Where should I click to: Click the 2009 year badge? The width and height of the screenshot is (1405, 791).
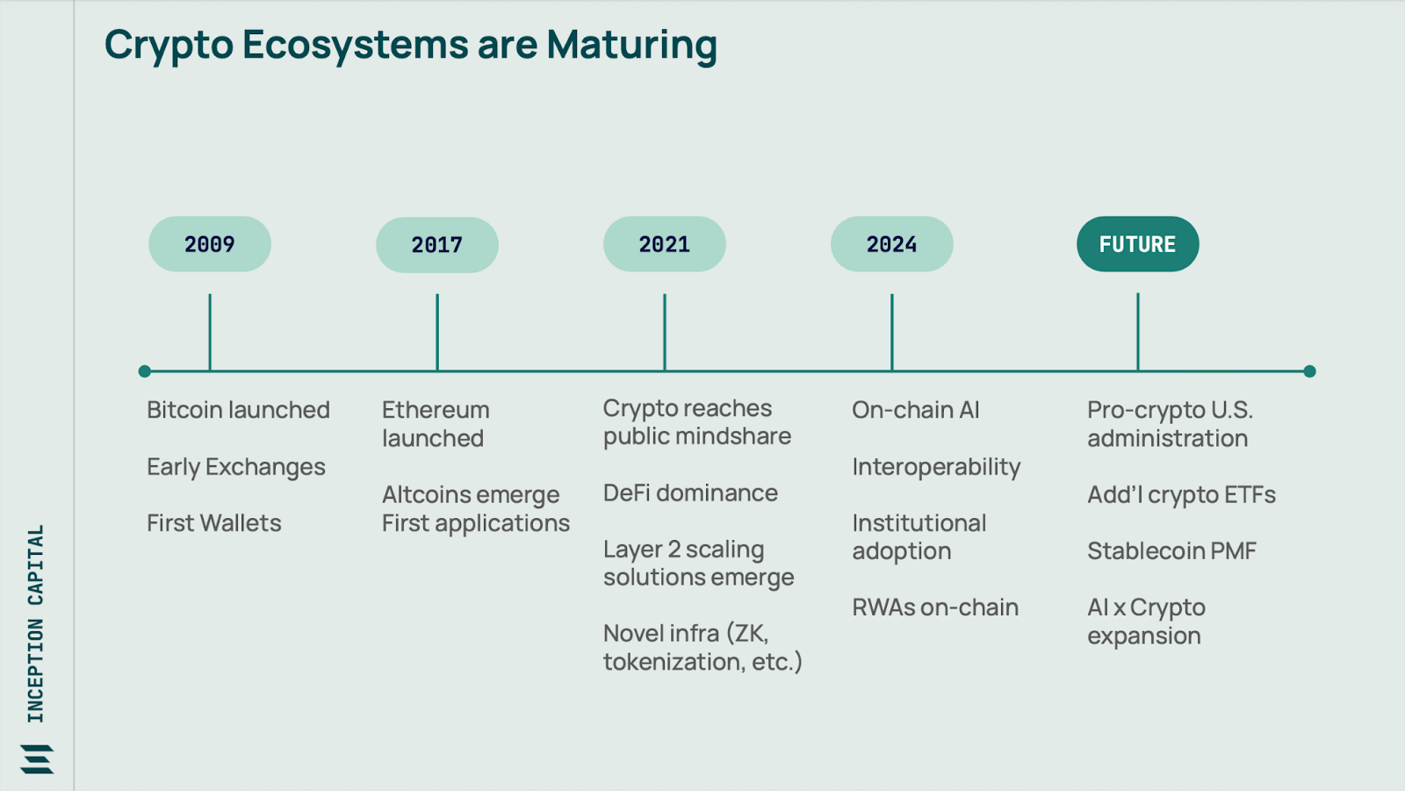tap(210, 244)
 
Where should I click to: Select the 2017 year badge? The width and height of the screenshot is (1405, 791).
tap(437, 245)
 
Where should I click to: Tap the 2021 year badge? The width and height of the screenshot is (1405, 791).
tap(664, 244)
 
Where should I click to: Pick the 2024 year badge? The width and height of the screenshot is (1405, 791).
tap(892, 244)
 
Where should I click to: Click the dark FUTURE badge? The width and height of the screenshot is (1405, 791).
tap(1138, 244)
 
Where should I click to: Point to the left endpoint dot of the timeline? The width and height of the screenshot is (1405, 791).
tap(144, 371)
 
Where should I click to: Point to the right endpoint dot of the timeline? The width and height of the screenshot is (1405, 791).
tap(1309, 371)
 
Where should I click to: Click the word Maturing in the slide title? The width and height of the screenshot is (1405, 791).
tap(631, 46)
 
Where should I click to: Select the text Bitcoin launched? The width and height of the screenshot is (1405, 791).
tap(238, 410)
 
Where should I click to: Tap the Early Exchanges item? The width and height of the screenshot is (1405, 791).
tap(236, 467)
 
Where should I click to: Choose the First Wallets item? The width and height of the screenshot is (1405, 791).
tap(214, 523)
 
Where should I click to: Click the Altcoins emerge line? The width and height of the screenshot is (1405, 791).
tap(471, 495)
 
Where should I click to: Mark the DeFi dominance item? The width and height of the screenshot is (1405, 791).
tap(690, 493)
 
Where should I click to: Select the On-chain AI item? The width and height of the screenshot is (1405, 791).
tap(916, 410)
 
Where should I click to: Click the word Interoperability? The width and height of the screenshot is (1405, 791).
tap(936, 467)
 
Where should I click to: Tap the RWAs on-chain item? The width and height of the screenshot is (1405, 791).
tap(935, 608)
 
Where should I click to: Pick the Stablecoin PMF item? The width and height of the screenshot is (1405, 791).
tap(1171, 550)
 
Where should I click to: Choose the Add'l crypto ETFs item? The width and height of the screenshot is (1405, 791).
tap(1182, 495)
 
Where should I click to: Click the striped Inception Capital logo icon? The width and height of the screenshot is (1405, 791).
tap(37, 759)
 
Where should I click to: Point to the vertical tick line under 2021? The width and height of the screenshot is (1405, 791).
tap(664, 332)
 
